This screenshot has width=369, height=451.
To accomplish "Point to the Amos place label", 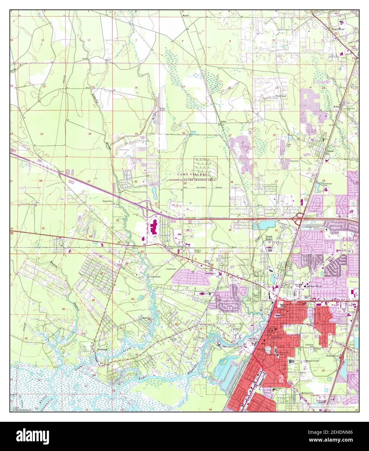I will coord(223,121).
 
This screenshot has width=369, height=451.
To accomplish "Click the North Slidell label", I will coord(269,238).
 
